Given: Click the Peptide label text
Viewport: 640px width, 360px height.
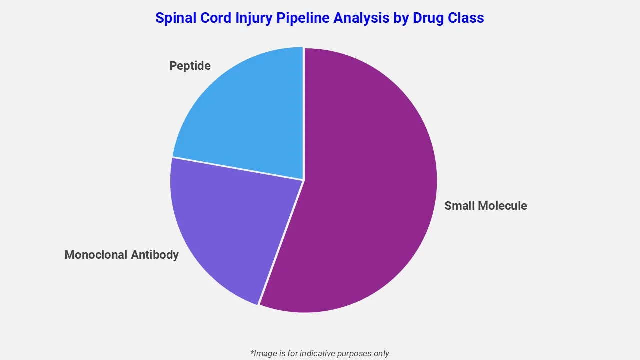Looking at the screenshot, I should tap(190, 66).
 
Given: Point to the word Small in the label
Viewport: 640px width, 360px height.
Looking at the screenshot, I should tap(459, 206).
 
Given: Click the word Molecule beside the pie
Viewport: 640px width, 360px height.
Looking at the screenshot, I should tap(502, 206).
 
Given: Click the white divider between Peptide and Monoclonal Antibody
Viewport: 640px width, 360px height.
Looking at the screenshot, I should tap(237, 168).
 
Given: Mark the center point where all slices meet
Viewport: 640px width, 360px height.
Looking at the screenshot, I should tap(303, 180).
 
